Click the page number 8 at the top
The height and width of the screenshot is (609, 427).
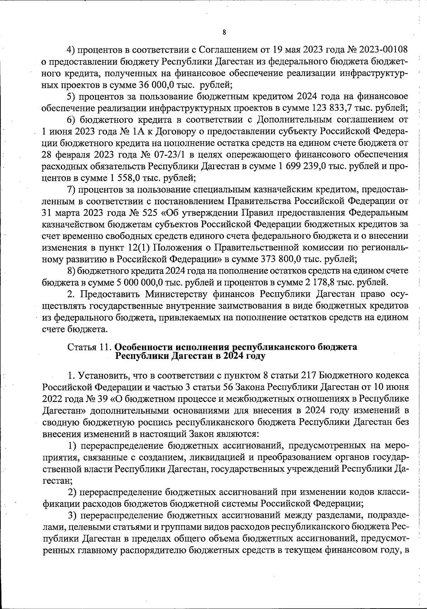[x=224, y=33]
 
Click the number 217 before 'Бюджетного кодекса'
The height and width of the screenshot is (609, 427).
[x=309, y=376]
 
